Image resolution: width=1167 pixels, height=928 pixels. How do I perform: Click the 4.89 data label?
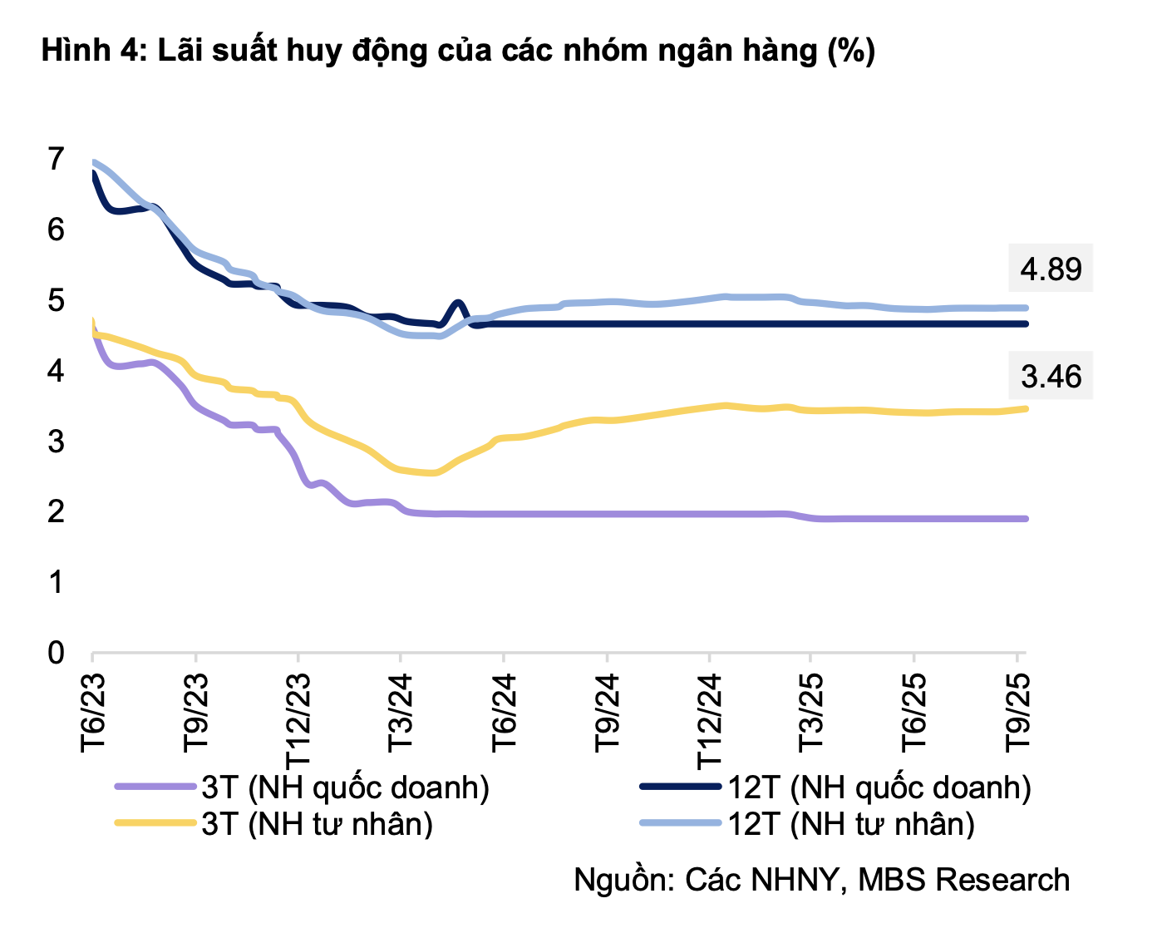(x=1051, y=269)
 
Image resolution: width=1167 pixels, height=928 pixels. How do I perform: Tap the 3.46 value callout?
(x=1051, y=377)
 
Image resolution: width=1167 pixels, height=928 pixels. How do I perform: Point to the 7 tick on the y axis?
(x=56, y=158)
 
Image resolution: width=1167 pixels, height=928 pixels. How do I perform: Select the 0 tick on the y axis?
(x=56, y=653)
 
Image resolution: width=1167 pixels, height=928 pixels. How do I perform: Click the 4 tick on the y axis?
(x=56, y=370)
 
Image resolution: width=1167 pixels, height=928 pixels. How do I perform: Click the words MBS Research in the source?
(x=963, y=880)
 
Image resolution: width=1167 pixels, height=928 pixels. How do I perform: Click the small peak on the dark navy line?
(x=458, y=304)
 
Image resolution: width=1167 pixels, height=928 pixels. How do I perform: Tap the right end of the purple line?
(x=1026, y=519)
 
